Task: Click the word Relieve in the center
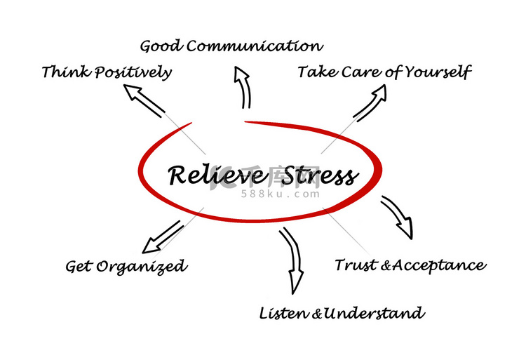[216, 175]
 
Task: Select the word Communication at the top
[255, 46]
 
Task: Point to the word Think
[66, 72]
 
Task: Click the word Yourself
[438, 72]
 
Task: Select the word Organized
[142, 267]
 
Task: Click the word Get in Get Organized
[79, 267]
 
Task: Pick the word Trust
[356, 265]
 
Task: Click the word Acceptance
[439, 266]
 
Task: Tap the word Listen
[284, 314]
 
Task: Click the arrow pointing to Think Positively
[144, 100]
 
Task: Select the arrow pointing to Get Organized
[163, 237]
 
